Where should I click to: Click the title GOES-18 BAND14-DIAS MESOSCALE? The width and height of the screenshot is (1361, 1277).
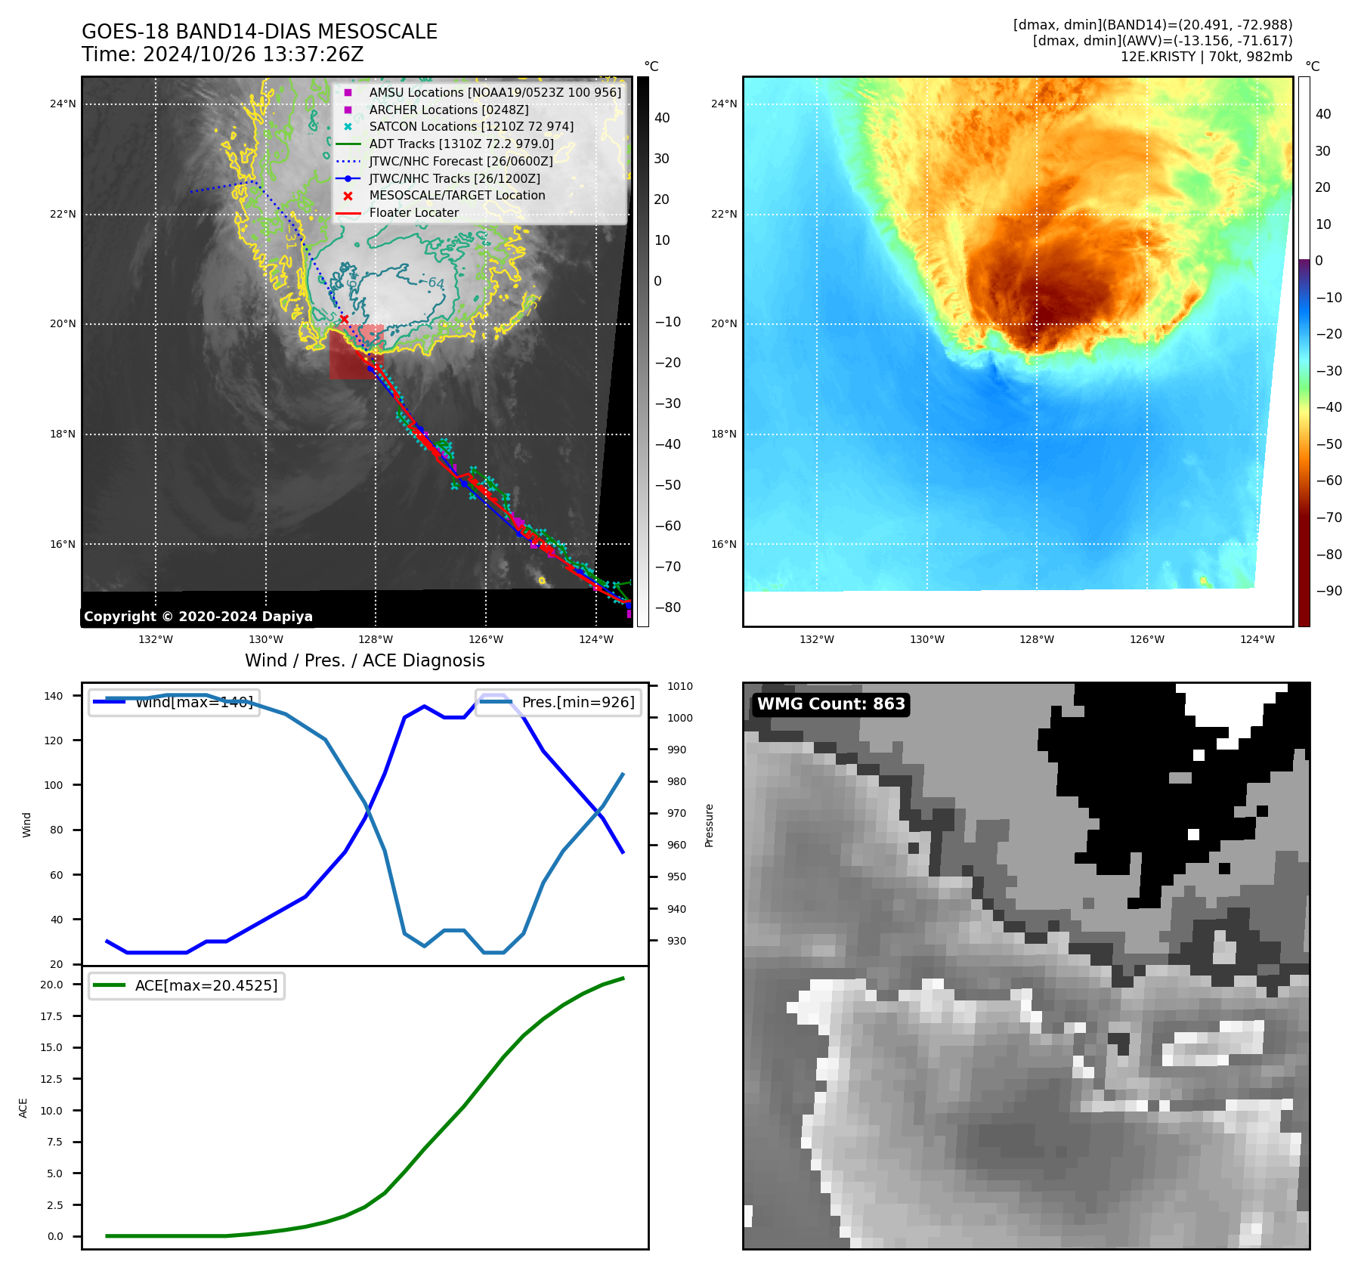(259, 32)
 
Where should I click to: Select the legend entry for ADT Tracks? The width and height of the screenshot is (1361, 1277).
(461, 144)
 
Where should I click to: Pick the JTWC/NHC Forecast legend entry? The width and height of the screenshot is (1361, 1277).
(460, 161)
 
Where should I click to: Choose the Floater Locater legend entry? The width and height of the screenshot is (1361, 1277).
(413, 212)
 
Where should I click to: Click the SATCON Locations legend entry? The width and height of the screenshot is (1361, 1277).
(471, 126)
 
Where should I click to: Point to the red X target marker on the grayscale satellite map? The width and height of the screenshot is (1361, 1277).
(345, 320)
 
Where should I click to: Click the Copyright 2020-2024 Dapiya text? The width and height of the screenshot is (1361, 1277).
(198, 617)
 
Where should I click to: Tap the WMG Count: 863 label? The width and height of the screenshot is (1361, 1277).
(831, 704)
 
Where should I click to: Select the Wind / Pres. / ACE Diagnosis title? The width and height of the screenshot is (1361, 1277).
(364, 660)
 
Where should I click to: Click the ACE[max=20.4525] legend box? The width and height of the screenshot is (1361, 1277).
(187, 985)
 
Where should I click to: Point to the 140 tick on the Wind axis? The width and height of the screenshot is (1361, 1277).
(54, 696)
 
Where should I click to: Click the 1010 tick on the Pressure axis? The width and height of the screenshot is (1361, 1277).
(679, 686)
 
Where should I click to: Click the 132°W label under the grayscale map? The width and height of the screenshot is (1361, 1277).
(155, 639)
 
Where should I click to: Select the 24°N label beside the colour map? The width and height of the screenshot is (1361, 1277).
(723, 104)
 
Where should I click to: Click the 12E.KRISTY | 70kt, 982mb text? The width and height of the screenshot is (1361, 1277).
(1205, 57)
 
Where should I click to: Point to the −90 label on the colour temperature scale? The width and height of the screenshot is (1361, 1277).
(1329, 591)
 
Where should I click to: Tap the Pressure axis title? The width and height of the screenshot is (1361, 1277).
(709, 825)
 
